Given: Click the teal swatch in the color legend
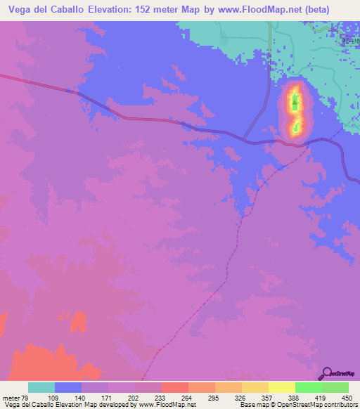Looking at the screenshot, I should [41, 387].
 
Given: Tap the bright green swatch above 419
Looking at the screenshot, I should [309, 387].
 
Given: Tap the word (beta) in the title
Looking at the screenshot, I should [334, 9].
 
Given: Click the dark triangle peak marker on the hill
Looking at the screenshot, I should [295, 103].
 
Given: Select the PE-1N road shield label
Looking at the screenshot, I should [349, 43].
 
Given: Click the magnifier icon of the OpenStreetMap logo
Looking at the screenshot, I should [327, 372].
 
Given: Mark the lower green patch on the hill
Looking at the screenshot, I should [297, 127].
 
